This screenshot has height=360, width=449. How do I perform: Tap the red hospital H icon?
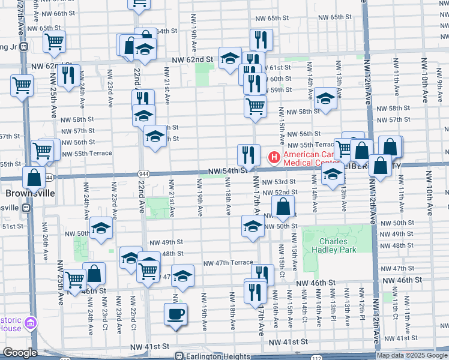[273, 158]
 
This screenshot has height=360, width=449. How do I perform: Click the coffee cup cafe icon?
[175, 314]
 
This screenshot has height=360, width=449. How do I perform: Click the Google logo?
[20, 353]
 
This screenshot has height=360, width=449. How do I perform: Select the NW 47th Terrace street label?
[228, 263]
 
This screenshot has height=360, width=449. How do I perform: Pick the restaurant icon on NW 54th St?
[248, 155]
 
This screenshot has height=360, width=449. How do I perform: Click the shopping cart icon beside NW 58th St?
[255, 106]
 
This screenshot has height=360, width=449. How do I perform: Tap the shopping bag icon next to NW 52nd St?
[283, 207]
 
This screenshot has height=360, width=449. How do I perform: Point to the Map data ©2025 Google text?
[412, 355]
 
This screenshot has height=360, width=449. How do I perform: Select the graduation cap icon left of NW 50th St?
[253, 226]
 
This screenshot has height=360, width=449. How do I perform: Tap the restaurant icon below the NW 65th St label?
[261, 39]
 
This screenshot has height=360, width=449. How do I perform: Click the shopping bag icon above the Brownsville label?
[34, 177]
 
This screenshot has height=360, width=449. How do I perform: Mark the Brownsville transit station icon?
[26, 208]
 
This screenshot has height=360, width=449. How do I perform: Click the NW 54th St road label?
[228, 170]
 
